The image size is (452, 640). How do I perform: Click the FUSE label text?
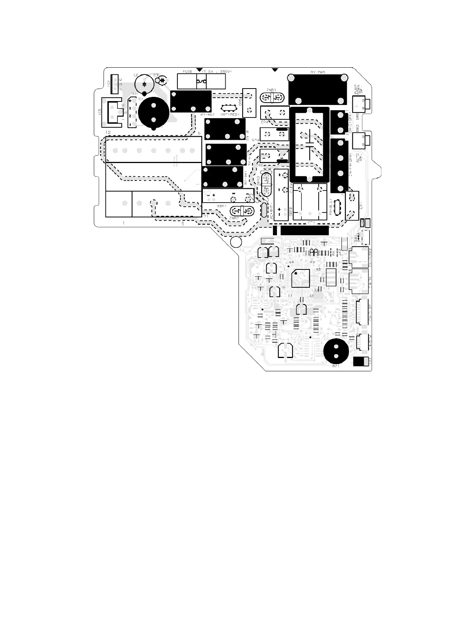[x=187, y=71]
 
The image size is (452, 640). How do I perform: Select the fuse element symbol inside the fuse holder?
[x=201, y=81]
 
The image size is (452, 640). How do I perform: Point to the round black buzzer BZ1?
[x=336, y=351]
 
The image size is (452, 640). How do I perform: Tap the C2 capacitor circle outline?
[x=144, y=84]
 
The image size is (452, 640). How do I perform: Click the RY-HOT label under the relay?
[x=207, y=114]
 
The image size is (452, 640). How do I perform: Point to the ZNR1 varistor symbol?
[x=272, y=98]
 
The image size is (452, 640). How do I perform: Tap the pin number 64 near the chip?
[x=291, y=262]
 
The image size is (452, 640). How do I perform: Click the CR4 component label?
[x=264, y=122]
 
